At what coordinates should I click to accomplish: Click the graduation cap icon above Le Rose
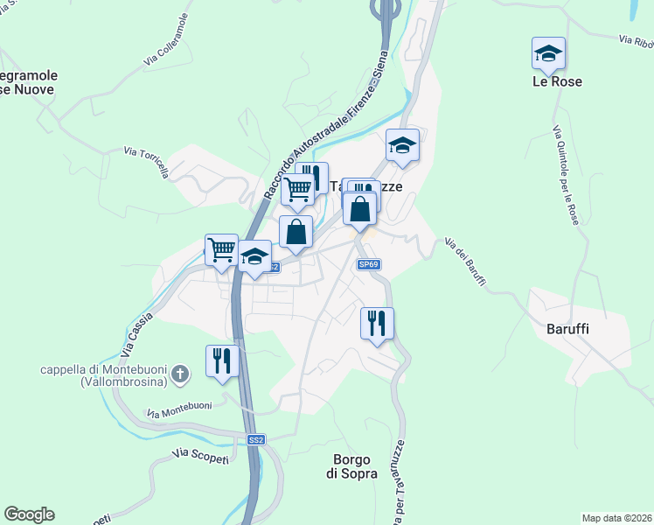click(548, 54)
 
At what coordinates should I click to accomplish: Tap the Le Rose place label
click(557, 81)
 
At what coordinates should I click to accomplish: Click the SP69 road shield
click(368, 264)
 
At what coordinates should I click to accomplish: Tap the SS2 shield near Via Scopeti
click(255, 440)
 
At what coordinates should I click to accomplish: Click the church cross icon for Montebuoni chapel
click(180, 374)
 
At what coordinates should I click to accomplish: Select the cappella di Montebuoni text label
click(104, 375)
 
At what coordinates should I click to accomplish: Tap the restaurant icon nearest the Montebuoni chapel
click(222, 360)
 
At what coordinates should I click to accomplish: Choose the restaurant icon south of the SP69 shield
click(377, 323)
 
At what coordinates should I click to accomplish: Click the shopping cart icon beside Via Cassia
click(221, 249)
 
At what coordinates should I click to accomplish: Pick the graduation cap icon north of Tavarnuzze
click(403, 146)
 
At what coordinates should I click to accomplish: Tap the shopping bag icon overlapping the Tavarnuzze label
click(359, 210)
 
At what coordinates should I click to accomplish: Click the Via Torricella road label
click(146, 164)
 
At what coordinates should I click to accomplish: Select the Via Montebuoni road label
click(179, 408)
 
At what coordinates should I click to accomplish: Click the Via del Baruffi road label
click(465, 262)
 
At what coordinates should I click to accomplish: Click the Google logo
click(29, 514)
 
